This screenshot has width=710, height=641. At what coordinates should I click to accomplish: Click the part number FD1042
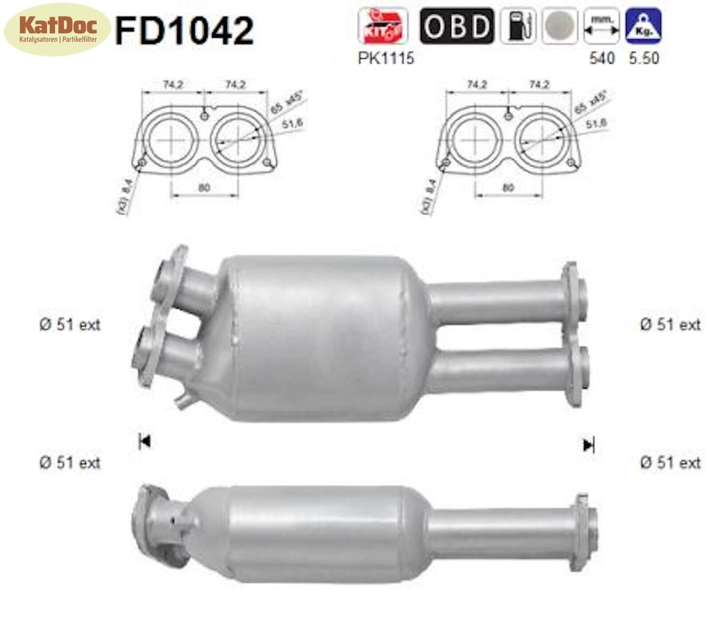184,30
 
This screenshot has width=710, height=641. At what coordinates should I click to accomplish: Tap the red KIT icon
382,26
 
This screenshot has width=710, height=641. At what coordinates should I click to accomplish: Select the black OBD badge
456,26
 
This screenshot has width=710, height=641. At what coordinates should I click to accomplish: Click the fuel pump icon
518,26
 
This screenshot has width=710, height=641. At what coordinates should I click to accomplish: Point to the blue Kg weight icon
643,26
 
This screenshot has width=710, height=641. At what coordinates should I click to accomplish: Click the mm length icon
601,26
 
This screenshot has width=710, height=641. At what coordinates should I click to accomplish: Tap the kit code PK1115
386,58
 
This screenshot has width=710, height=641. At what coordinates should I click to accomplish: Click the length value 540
601,58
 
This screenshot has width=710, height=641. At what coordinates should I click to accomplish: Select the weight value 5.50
644,58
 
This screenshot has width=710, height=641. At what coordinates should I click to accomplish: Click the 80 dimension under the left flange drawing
204,188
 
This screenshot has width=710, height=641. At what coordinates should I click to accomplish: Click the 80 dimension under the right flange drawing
508,188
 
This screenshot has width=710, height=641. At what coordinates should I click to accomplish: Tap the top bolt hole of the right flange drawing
509,115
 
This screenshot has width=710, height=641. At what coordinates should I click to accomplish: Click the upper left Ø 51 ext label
70,325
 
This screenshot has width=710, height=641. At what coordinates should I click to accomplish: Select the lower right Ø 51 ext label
670,463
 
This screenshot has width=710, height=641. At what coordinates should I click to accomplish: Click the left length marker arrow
144,442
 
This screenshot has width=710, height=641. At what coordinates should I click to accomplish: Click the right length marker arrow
588,446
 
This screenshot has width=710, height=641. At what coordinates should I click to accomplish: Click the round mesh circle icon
560,26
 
